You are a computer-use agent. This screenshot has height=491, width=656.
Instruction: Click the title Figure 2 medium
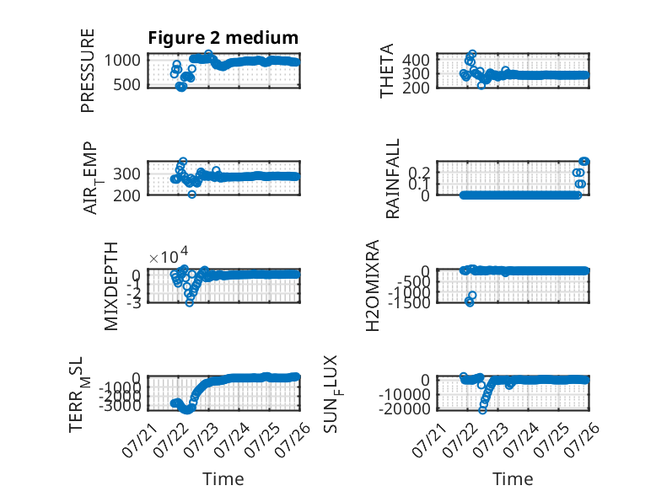coord(223,38)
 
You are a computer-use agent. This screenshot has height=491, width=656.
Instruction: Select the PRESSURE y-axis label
coord(88,71)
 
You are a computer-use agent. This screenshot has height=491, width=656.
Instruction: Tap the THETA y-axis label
coord(387,71)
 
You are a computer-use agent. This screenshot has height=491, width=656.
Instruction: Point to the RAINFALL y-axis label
coord(393,179)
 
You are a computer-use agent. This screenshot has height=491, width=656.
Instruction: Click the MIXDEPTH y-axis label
coord(111,286)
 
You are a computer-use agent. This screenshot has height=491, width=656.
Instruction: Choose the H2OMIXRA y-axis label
coord(373,286)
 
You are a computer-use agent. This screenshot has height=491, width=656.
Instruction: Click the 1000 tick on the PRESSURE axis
coord(122,60)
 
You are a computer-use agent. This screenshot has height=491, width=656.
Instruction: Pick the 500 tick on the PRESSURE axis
coord(126,84)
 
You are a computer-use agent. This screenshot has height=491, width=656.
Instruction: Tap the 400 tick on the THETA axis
coord(416,60)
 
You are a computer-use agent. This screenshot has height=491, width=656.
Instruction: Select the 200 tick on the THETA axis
coord(416,88)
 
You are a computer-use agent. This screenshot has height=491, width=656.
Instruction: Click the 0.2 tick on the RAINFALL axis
coord(419,172)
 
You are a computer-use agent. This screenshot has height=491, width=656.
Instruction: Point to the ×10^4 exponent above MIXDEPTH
coord(169,256)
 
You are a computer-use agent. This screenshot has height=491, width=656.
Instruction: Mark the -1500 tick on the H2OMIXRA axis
coord(409,302)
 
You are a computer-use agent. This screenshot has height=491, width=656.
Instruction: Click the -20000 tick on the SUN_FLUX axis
coord(405,408)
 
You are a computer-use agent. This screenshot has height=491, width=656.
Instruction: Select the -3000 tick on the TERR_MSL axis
coord(120,405)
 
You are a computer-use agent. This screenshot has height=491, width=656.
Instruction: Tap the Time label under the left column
coord(223,479)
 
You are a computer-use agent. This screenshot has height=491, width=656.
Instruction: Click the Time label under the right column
coord(513,479)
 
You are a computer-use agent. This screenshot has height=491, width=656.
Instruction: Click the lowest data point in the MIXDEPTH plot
coord(190,302)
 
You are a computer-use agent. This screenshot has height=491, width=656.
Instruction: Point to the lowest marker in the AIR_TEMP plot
coord(191,195)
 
